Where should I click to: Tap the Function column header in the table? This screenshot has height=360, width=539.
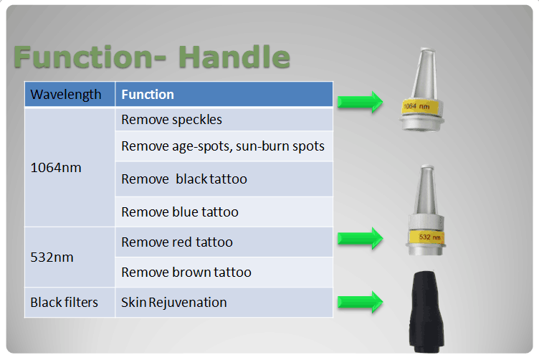coord(148,95)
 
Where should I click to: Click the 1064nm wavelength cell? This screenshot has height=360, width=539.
coord(56,168)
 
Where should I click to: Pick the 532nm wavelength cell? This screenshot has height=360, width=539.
coord(52,257)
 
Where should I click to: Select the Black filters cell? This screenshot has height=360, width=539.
coord(64,302)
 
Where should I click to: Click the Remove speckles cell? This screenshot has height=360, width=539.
coord(172,120)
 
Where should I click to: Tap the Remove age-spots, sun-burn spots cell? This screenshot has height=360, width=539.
coord(223,146)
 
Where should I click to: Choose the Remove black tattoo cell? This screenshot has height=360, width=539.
coord(184,179)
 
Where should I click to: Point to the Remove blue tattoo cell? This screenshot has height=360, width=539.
coord(180,212)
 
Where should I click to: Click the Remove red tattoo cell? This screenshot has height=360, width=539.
coord(177,242)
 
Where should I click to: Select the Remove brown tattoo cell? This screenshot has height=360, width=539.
coord(186,272)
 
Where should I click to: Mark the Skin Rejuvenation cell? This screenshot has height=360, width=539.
coord(174,302)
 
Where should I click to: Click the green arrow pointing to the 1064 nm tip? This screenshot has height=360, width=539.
coord(360,102)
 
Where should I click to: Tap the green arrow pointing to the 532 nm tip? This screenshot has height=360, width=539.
coord(360,237)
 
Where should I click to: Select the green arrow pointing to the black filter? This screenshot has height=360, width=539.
coord(360,302)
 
